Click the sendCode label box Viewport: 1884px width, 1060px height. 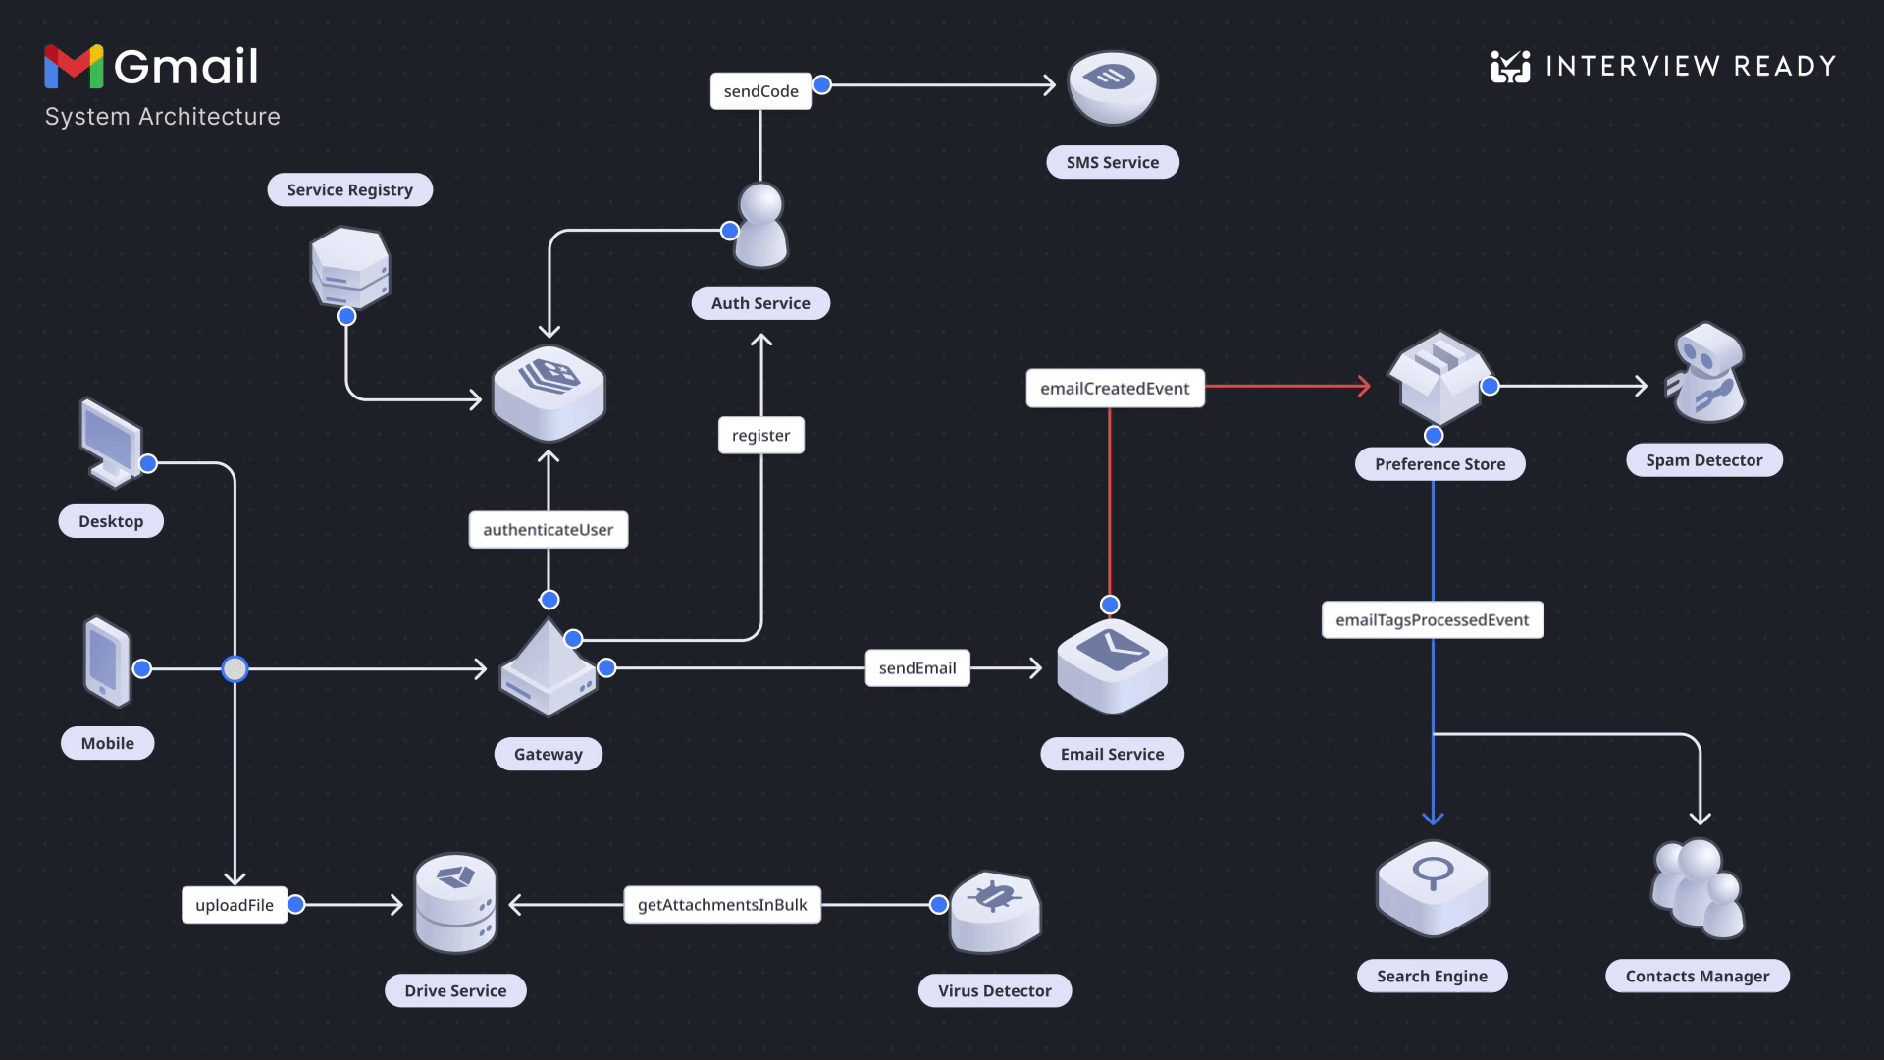point(760,91)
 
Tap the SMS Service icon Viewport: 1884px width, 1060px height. point(1112,87)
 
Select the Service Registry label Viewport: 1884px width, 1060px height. point(349,189)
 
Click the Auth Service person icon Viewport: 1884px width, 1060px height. point(761,226)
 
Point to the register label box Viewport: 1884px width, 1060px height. point(760,435)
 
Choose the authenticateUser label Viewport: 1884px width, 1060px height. point(548,529)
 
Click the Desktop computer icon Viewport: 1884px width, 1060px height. point(110,443)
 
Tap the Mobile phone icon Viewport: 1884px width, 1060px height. point(107,661)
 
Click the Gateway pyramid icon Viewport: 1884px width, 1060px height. point(548,668)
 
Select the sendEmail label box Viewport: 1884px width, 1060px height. point(916,667)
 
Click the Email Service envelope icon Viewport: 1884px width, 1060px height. point(1112,665)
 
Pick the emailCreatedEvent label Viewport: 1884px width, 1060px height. point(1115,388)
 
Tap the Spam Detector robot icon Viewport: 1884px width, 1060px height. point(1707,374)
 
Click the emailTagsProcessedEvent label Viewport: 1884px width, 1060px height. point(1432,619)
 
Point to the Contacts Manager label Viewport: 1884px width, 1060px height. point(1697,976)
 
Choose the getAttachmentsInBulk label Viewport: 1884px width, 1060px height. point(722,904)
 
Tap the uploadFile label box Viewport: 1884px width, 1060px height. point(234,905)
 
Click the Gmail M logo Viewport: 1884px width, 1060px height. point(74,67)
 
